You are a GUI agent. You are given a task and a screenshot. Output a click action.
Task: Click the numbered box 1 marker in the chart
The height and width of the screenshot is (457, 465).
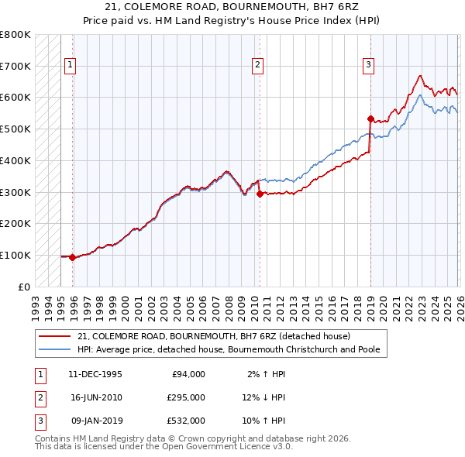coord(71,65)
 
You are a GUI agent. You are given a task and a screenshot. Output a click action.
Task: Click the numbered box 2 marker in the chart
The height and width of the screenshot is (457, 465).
coord(257,65)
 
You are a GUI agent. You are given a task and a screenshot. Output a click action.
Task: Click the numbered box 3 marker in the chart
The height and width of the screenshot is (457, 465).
coord(369,65)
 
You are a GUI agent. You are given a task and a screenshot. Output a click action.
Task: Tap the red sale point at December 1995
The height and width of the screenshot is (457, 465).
coord(73,257)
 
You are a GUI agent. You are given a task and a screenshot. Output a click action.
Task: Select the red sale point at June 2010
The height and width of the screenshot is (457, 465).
coord(260,194)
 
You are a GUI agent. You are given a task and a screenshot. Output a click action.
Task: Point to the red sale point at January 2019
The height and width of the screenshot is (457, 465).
coord(370,119)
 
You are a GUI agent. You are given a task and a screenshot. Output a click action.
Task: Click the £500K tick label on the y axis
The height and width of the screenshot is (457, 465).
coord(15,129)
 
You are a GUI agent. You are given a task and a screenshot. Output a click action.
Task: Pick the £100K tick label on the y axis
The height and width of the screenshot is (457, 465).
coord(15,255)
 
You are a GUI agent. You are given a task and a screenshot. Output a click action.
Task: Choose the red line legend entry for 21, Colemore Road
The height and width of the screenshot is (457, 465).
coord(214,336)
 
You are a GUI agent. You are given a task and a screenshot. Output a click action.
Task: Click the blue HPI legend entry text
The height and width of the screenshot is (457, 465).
coord(228,349)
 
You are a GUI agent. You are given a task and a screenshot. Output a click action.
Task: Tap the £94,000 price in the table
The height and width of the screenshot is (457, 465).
coord(186,373)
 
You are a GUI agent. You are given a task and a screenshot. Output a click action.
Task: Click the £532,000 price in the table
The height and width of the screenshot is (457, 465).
coord(186,421)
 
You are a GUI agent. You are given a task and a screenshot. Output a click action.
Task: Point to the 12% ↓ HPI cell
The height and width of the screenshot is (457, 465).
coord(263,397)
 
